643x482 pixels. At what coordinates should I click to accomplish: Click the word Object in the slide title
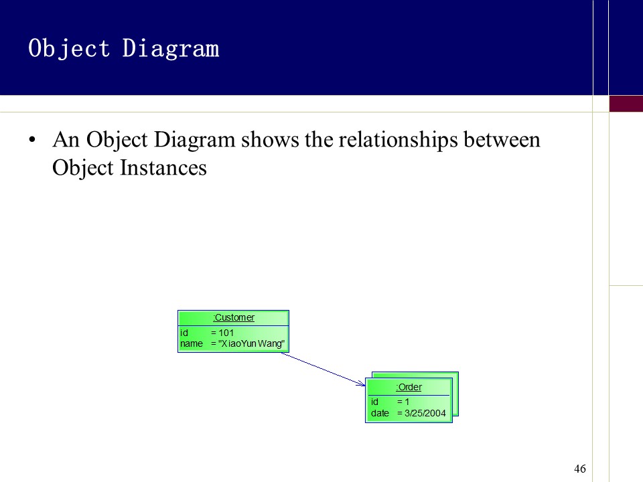69,49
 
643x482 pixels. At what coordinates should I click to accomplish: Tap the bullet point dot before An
32,140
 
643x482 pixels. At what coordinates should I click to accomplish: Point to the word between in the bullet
502,139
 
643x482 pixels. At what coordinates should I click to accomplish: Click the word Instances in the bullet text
163,167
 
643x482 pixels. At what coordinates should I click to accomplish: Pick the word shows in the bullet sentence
270,139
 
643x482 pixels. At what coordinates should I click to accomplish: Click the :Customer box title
234,317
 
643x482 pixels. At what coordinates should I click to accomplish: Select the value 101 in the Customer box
226,333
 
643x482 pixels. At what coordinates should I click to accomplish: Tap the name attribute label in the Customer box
192,343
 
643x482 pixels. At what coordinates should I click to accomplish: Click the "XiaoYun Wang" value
251,343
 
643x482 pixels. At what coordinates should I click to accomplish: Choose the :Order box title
409,387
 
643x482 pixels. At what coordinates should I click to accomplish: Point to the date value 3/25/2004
425,413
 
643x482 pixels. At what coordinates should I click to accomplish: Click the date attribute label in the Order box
380,413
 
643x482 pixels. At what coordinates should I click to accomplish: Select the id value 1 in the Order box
407,402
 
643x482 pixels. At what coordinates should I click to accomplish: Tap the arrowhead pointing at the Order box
362,384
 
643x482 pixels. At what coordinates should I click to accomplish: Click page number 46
580,469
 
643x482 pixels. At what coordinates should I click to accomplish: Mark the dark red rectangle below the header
626,104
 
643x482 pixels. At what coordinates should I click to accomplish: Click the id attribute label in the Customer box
184,333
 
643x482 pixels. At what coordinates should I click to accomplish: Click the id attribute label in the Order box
374,402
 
